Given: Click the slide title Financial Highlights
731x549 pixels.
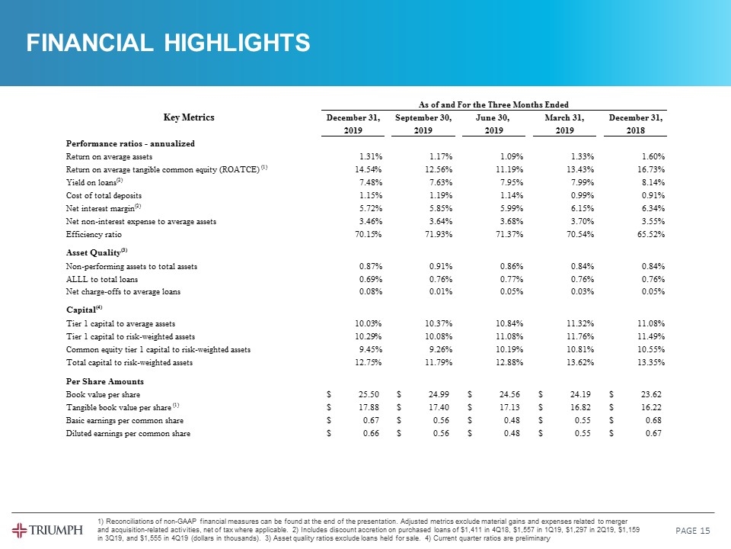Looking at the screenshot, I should tap(168, 43).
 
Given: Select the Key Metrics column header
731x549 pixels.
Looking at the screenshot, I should tap(189, 117).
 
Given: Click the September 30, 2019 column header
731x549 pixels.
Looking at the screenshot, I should tap(424, 124).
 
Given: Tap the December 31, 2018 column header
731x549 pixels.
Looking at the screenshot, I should tap(636, 124).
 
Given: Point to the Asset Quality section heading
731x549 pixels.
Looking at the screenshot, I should tap(94, 252).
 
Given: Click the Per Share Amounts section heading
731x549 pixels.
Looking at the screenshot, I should tap(105, 381).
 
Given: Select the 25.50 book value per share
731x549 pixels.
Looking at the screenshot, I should tap(370, 394).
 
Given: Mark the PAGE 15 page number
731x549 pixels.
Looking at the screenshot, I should tap(694, 530).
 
